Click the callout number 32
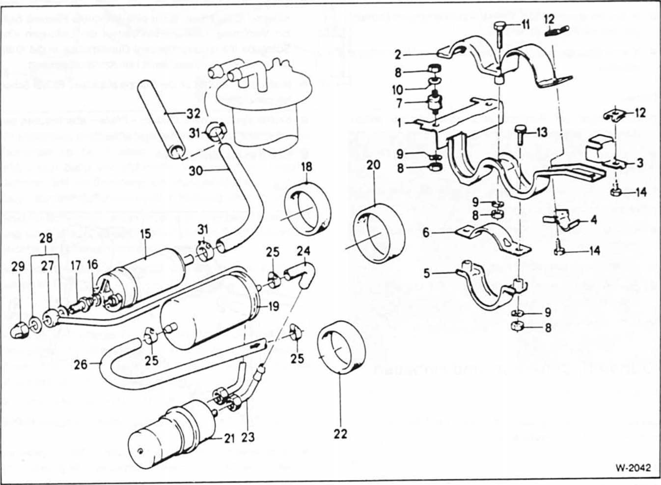click(194, 114)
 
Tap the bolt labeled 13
click(522, 135)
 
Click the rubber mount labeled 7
click(435, 104)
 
